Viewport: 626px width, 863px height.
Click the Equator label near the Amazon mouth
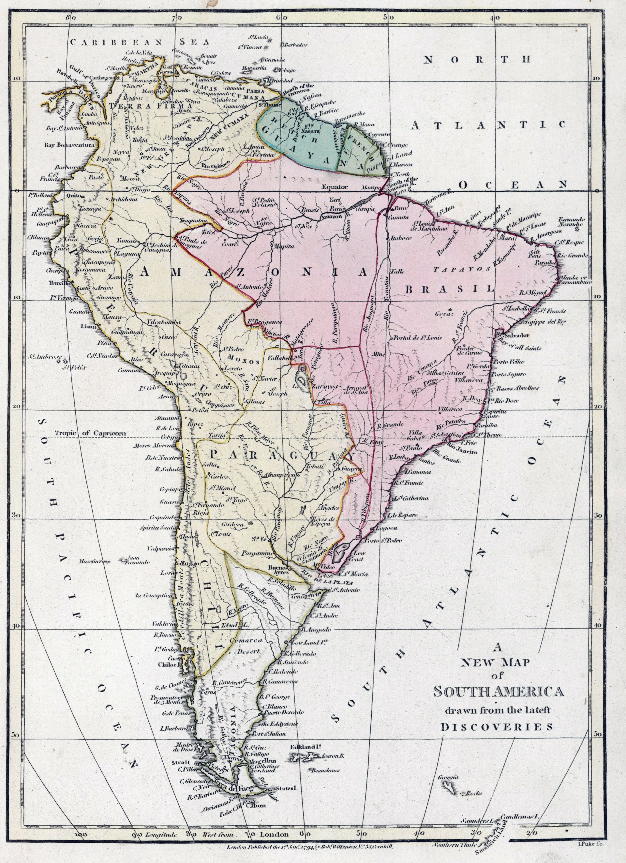(335, 187)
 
